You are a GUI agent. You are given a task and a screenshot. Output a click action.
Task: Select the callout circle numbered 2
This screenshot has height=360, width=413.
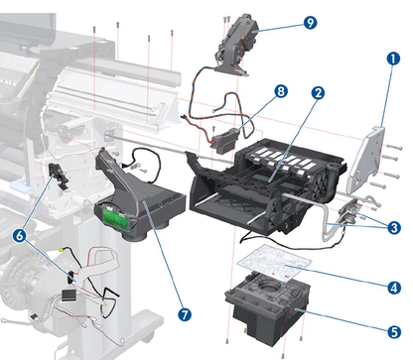pyautogui.click(x=318, y=93)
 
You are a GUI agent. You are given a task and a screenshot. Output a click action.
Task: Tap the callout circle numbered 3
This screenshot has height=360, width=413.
pyautogui.click(x=394, y=227)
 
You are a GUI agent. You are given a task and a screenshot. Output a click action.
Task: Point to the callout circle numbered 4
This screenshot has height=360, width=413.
pyautogui.click(x=394, y=288)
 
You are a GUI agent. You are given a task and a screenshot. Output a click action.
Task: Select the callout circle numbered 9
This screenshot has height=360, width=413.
pyautogui.click(x=283, y=21)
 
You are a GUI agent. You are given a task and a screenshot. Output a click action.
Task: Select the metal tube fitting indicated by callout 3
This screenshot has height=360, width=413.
pyautogui.click(x=348, y=214)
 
